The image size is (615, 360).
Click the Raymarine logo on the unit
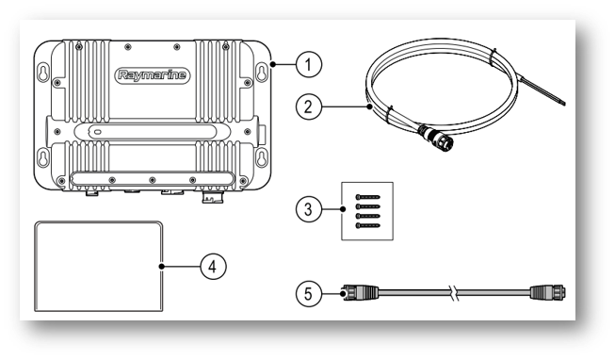tap(153, 75)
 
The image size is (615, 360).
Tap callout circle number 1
tap(309, 64)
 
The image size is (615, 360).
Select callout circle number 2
tap(309, 106)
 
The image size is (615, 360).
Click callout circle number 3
tap(309, 209)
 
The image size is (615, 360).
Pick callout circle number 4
tap(213, 267)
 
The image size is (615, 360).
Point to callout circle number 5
tap(309, 294)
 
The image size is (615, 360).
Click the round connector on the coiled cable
tap(436, 138)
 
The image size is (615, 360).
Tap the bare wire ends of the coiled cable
tap(543, 91)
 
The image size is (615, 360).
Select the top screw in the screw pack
tap(367, 197)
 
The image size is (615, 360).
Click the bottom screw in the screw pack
tap(367, 226)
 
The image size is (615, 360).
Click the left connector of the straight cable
tap(360, 293)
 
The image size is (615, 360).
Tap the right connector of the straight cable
tap(548, 293)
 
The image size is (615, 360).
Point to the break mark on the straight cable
tap(455, 293)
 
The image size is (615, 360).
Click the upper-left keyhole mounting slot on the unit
tap(43, 73)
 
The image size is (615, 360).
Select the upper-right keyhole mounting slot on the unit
tap(262, 73)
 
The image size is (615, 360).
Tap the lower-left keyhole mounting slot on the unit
tap(43, 157)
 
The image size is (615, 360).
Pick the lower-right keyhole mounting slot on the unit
tap(262, 157)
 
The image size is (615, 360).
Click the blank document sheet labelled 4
tap(99, 266)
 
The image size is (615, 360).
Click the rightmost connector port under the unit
tap(213, 197)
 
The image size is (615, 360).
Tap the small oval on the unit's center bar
tap(97, 132)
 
